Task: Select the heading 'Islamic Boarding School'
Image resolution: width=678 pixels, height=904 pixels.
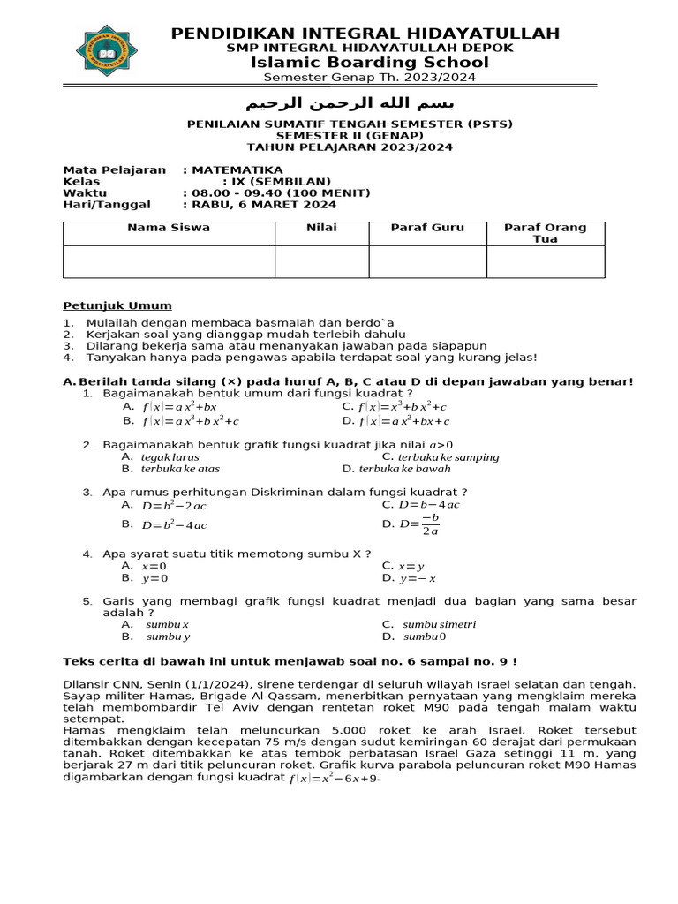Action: click(369, 62)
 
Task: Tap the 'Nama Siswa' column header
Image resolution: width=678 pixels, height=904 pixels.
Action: click(169, 228)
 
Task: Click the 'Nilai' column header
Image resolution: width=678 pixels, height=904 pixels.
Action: click(321, 228)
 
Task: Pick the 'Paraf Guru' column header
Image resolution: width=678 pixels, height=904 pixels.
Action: click(427, 228)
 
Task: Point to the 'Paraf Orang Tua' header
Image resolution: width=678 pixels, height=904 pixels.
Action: click(545, 233)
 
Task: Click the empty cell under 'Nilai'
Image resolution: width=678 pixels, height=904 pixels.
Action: click(321, 262)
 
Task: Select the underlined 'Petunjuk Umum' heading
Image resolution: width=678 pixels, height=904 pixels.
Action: click(117, 305)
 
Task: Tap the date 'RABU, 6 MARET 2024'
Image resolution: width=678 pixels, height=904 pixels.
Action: click(264, 204)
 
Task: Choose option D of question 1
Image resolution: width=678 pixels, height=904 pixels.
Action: click(403, 421)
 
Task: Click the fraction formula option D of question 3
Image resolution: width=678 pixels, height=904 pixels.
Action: click(419, 524)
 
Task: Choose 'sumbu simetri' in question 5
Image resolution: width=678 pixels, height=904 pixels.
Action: click(439, 624)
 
